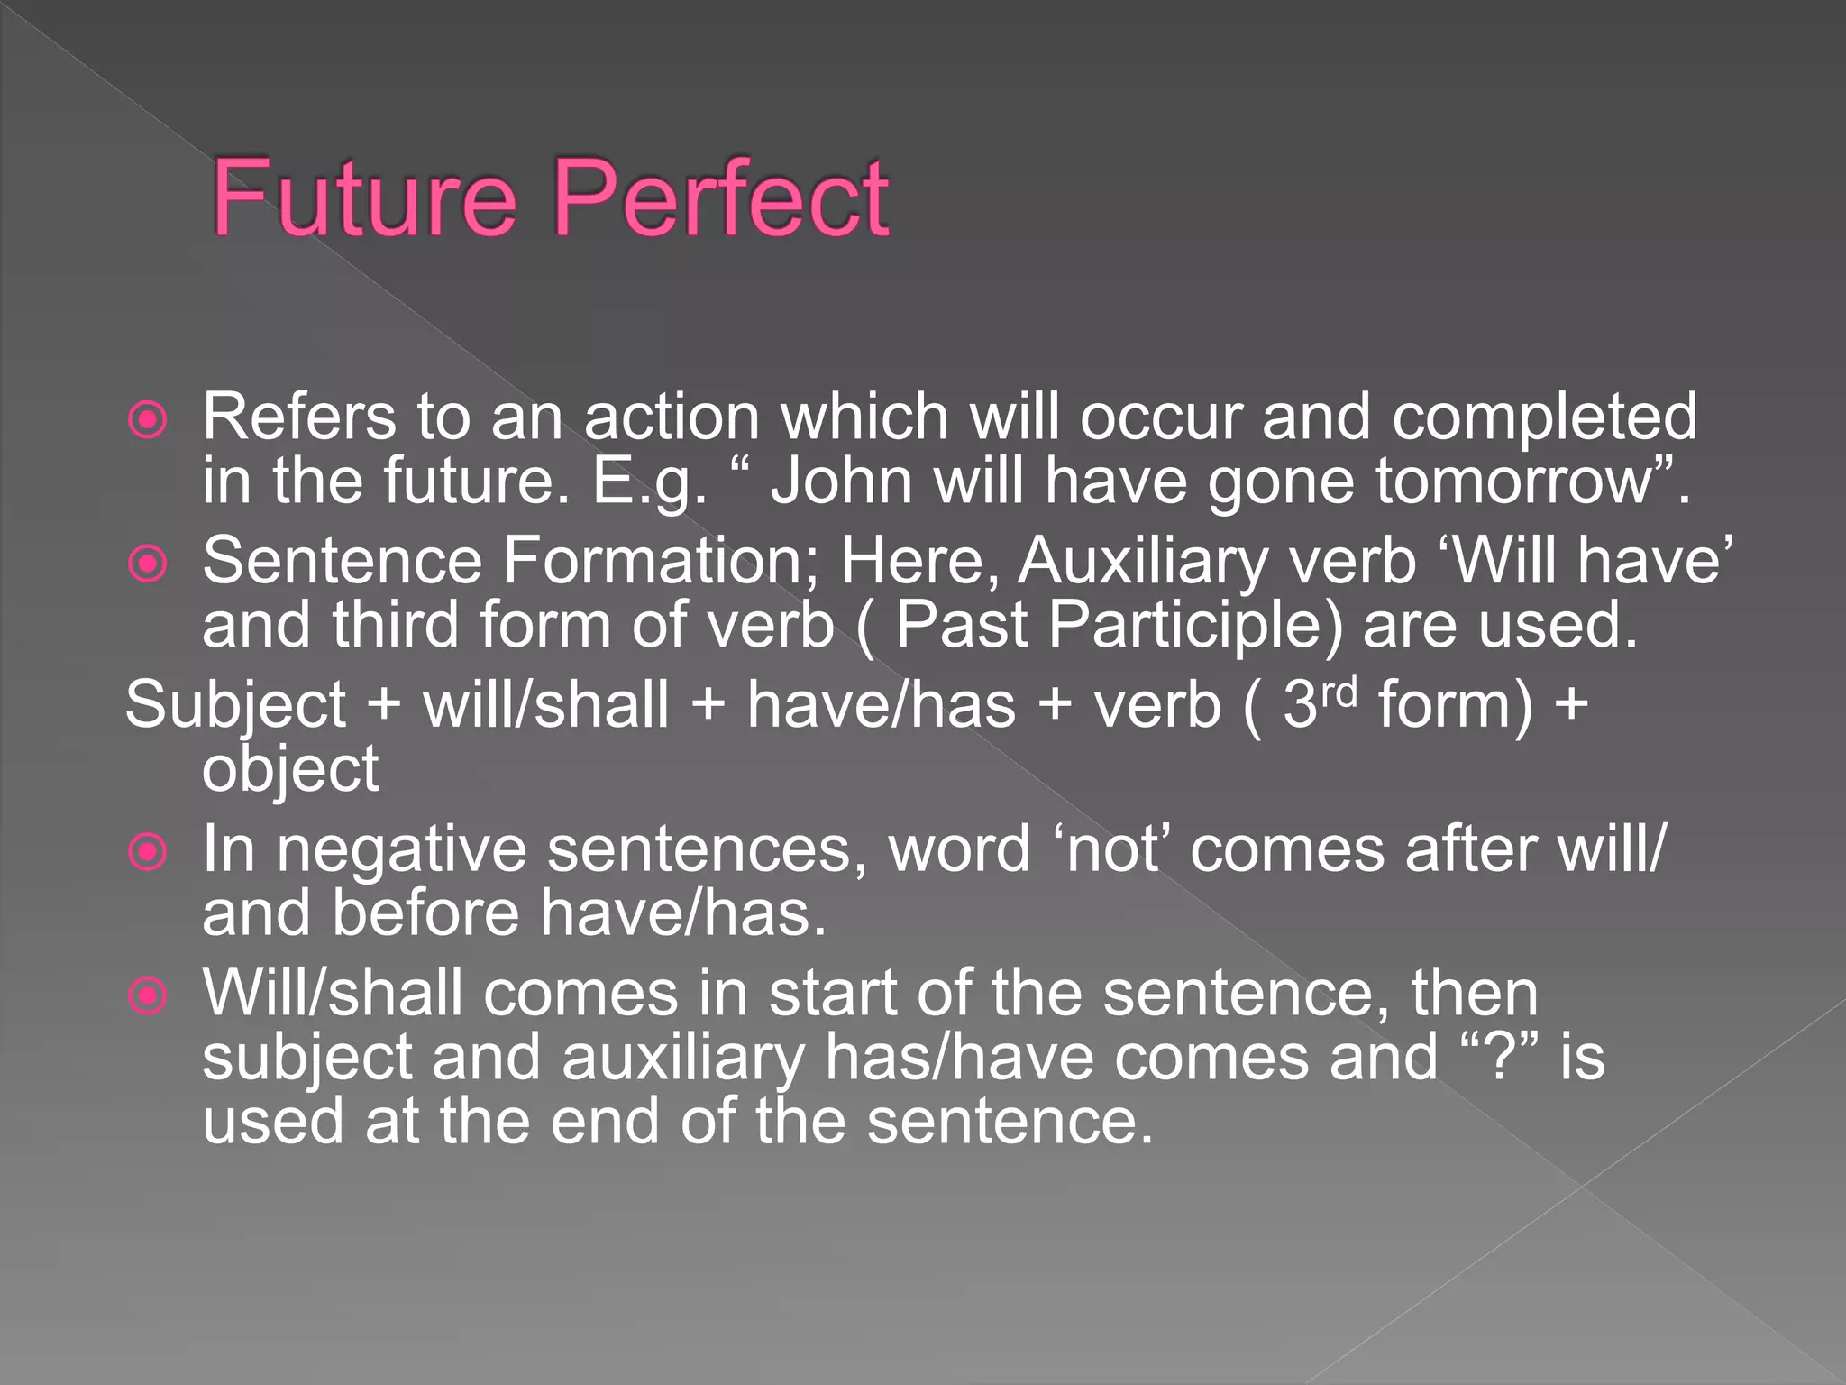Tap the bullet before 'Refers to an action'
[x=148, y=419]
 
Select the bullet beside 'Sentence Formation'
[x=148, y=564]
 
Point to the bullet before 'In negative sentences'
[x=148, y=852]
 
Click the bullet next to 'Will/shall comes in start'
[x=148, y=996]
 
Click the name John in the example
[x=842, y=481]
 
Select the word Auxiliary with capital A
[x=1143, y=561]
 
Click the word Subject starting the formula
[x=235, y=706]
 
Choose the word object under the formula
[x=290, y=770]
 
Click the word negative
[x=401, y=850]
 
